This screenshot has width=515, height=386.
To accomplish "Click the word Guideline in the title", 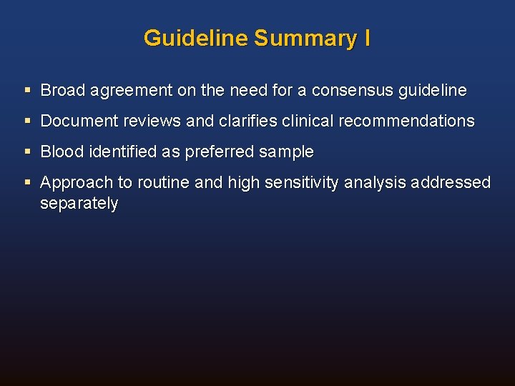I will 195,38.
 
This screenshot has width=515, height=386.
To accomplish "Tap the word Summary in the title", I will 305,38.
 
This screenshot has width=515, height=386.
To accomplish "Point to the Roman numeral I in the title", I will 367,38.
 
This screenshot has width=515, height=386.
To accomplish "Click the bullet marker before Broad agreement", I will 27,91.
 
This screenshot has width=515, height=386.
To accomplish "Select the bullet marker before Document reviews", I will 27,122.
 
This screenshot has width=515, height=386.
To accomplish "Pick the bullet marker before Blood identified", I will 27,152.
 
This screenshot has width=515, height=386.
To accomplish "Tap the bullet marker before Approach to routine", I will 27,183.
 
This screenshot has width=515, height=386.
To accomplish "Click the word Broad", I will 62,91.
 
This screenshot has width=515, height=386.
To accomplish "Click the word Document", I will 79,122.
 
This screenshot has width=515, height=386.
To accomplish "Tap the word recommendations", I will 406,122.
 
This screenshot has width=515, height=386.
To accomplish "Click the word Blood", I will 62,152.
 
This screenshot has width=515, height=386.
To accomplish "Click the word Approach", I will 72,183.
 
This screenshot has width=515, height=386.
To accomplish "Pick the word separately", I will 79,204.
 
